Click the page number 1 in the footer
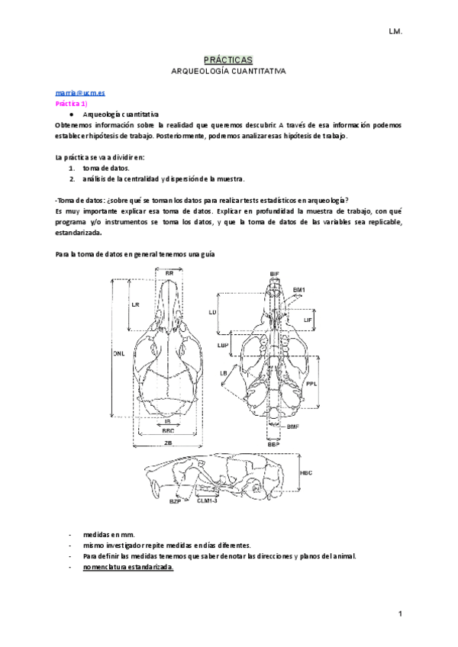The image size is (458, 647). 399,613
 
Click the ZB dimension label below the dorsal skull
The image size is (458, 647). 167,443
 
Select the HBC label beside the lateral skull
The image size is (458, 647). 306,472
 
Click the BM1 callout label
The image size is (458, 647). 299,291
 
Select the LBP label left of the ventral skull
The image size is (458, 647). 223,345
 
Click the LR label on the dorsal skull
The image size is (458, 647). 135,304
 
